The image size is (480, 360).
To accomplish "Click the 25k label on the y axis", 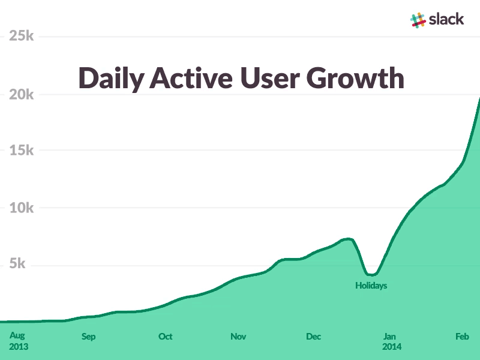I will (x=21, y=36).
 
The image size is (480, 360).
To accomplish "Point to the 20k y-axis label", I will (x=21, y=94).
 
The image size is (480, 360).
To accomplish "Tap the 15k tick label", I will (x=21, y=151).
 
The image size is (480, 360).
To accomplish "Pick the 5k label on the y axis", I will (x=25, y=265).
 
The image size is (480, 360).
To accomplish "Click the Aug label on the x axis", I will (x=17, y=336).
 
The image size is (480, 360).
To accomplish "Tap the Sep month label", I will (x=88, y=337).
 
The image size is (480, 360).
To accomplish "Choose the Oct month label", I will (x=165, y=337).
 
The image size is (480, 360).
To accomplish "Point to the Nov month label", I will (x=238, y=337).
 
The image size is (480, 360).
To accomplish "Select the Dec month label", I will (x=313, y=337).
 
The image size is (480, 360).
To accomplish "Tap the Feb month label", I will (x=461, y=337).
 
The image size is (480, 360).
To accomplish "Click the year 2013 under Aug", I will (x=19, y=347).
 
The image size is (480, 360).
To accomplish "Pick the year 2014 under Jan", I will (x=392, y=347).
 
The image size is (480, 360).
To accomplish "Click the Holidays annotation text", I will (x=371, y=286).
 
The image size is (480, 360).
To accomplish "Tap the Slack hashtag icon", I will (x=418, y=19).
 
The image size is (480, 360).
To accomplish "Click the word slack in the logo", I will (x=446, y=19).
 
